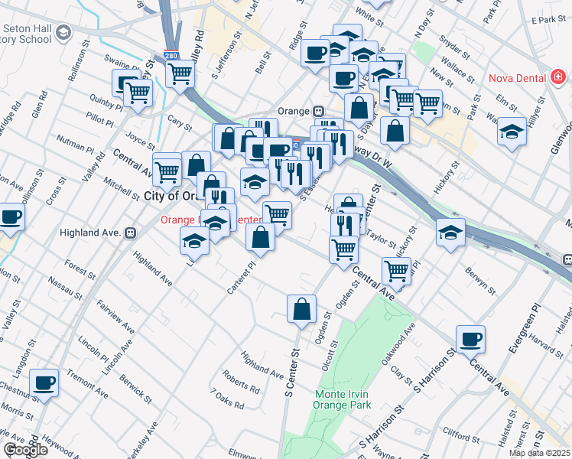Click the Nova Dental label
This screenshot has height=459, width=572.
(517, 78)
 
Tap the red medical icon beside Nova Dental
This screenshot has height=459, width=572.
(558, 78)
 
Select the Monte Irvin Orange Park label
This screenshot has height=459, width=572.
(343, 399)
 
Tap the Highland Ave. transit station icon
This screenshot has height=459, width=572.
(130, 232)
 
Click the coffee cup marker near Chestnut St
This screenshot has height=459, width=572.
(44, 382)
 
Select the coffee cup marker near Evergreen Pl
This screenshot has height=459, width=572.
(470, 338)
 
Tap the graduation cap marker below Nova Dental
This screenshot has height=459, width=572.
(512, 132)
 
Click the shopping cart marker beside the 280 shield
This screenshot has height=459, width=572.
(180, 74)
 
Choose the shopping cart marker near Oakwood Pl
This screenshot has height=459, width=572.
(395, 269)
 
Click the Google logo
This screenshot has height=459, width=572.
(24, 450)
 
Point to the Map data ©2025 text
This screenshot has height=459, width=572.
(539, 453)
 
